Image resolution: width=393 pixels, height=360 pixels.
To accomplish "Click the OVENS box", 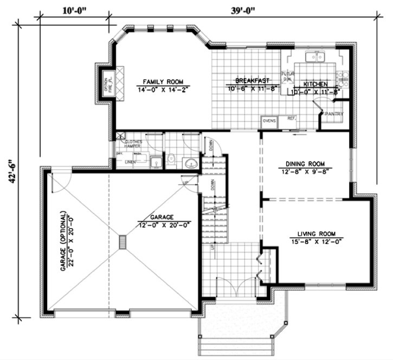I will pos(269,121).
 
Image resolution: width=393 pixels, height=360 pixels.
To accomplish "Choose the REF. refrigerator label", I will pos(291,118).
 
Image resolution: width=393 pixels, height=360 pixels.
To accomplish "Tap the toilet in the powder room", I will pos(171,158).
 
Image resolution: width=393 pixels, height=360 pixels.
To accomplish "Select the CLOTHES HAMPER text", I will pos(133,144).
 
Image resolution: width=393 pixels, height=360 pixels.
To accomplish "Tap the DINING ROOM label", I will pos(305,163).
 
